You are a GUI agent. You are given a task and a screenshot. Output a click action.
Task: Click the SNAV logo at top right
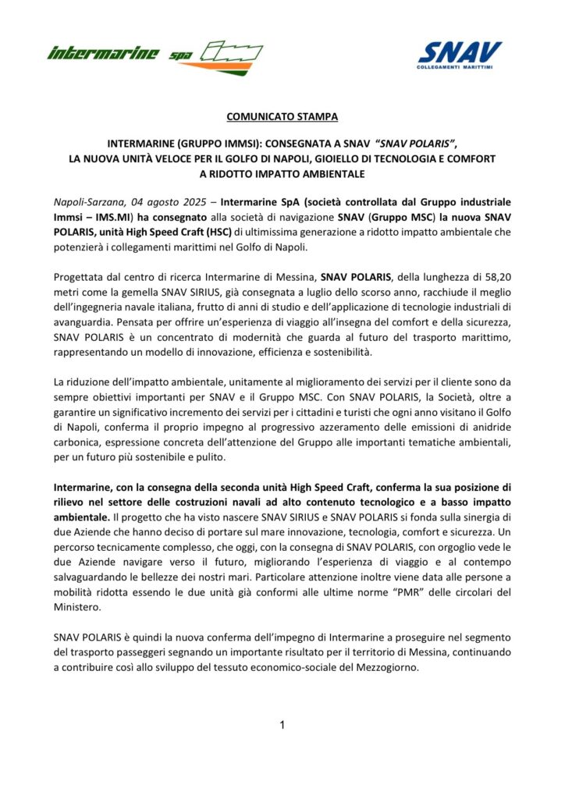point(460,56)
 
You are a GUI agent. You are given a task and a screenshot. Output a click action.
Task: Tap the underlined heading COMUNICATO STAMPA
point(282,117)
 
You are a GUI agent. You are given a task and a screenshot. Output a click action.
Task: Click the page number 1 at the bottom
point(282,726)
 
